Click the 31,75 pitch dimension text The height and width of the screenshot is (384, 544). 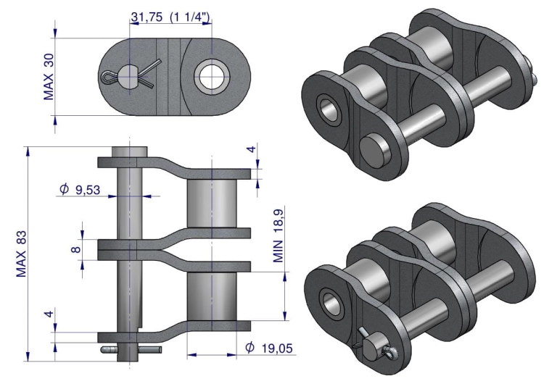147,17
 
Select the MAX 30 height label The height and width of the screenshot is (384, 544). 49,77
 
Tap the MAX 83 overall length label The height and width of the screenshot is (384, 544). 21,254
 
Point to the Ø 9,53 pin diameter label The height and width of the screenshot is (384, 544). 80,189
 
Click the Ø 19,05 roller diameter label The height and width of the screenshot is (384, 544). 269,348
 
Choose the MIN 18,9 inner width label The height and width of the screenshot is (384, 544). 279,236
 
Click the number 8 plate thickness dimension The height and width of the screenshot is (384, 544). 76,249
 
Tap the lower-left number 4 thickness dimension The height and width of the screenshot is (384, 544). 49,314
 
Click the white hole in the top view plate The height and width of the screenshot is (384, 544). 210,77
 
